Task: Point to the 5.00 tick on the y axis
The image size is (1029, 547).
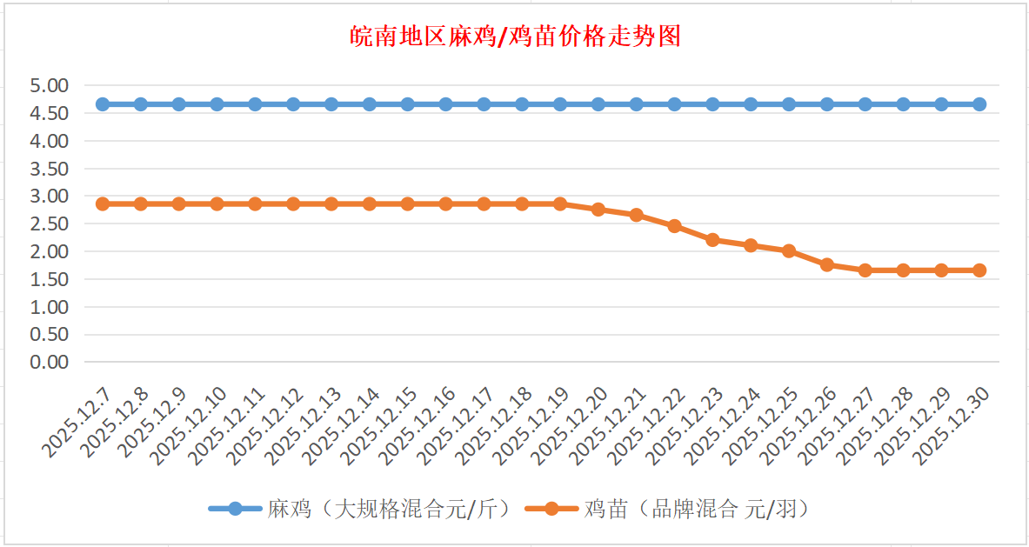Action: pos(49,85)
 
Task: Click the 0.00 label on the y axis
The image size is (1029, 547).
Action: pos(49,362)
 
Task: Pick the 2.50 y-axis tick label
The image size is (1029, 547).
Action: pos(49,223)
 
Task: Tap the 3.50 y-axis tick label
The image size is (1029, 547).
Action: pos(49,168)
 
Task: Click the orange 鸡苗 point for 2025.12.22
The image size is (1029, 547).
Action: pos(674,226)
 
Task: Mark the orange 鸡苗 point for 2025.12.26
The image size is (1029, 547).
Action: pos(827,264)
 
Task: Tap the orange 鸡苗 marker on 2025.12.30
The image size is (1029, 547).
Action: pos(979,270)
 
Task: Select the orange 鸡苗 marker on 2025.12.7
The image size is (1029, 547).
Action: pos(103,203)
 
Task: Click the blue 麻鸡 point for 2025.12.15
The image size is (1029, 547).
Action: pos(407,104)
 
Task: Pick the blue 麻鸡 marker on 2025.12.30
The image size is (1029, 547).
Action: pos(979,104)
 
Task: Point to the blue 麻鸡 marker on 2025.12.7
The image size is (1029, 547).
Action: pos(103,104)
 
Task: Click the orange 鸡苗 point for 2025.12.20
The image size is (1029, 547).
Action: pos(598,210)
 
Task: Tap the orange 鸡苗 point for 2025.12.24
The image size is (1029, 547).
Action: pos(751,245)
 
